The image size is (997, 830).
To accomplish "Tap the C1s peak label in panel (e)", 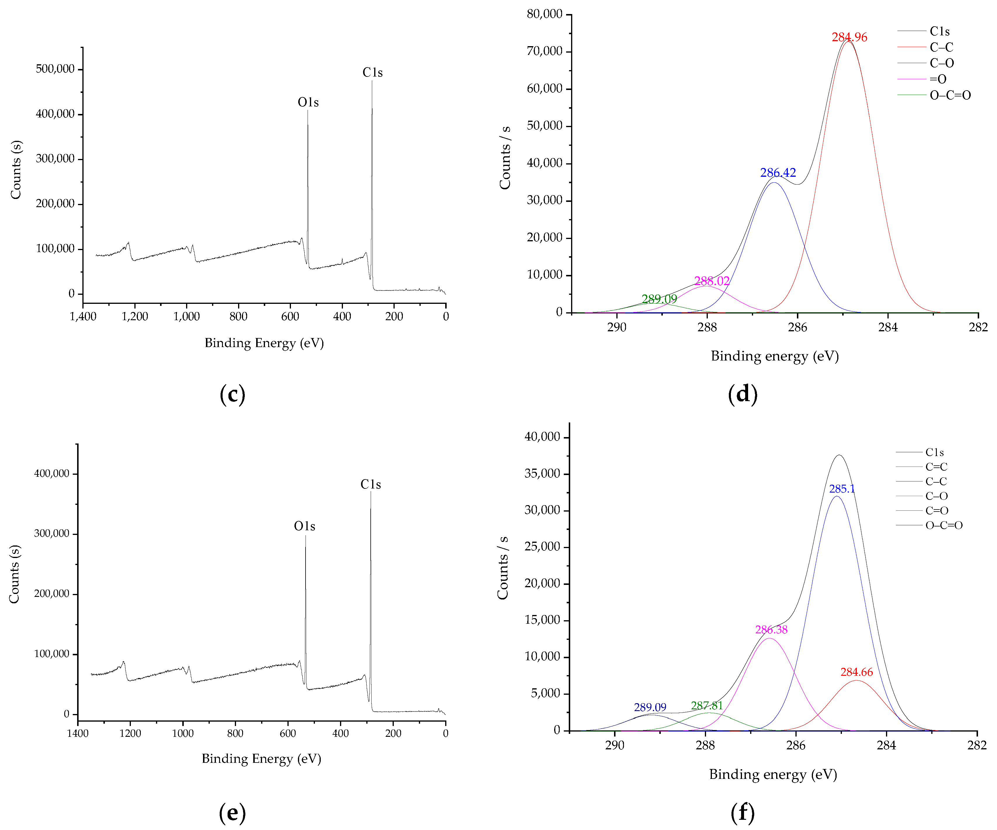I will (x=370, y=484).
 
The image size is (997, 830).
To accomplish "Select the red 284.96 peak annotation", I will (x=849, y=37).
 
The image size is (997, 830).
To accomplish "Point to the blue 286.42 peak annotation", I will (x=778, y=173).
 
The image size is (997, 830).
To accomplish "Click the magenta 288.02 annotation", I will (x=712, y=281).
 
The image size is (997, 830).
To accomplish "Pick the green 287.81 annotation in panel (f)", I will (x=707, y=706).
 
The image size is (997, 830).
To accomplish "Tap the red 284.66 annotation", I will (x=856, y=672).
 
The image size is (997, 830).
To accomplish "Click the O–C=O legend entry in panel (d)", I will (x=950, y=96).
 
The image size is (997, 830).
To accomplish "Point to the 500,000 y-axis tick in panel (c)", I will (x=55, y=69).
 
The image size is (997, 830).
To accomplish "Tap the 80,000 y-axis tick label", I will (x=544, y=14).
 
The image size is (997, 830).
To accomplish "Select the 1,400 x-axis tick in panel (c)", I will (x=83, y=316).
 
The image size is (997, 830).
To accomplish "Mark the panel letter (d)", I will (x=743, y=394).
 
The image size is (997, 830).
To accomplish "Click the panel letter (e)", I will (x=232, y=812).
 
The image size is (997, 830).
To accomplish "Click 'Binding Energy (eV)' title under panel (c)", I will (x=264, y=343).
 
